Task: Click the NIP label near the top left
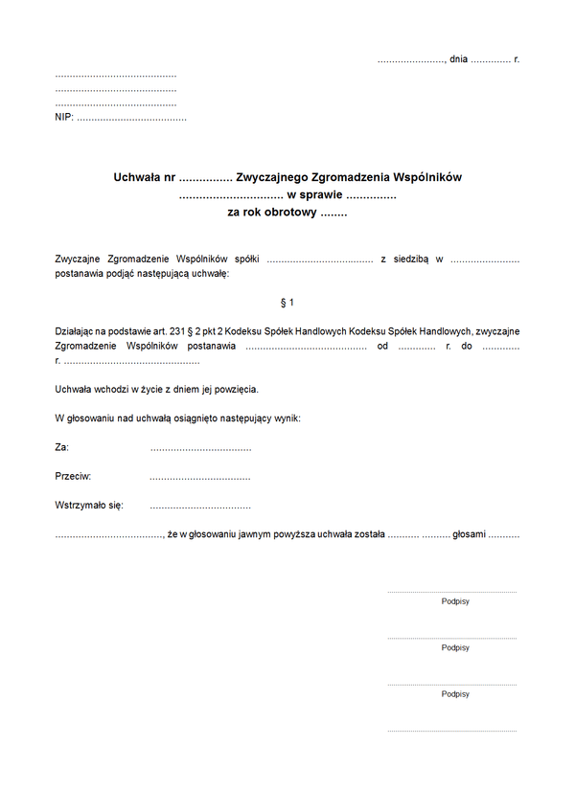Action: click(x=63, y=118)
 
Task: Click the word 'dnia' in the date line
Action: click(x=458, y=59)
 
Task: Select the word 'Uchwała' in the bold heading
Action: click(x=137, y=178)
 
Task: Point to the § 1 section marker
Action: click(x=287, y=303)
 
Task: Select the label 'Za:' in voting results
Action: click(x=62, y=447)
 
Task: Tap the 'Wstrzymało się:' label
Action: click(x=89, y=505)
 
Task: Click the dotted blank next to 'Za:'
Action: click(x=200, y=448)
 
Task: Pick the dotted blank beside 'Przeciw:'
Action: click(x=200, y=477)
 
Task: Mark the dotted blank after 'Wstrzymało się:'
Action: click(x=200, y=506)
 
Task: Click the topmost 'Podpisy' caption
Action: click(x=455, y=601)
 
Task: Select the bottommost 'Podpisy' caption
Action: click(x=455, y=694)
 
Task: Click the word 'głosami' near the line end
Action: click(x=470, y=533)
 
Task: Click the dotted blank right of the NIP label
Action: click(x=131, y=119)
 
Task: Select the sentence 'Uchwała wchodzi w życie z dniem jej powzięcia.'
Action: click(x=157, y=390)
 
